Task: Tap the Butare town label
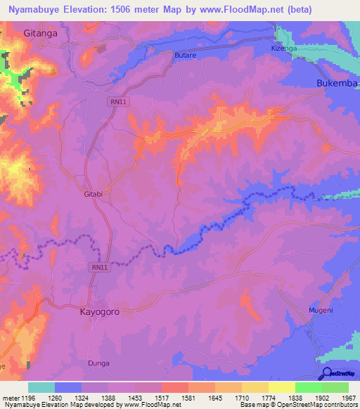point(184,53)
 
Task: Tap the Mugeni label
point(321,309)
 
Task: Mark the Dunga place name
point(99,363)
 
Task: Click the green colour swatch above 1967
point(335,387)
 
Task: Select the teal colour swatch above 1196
point(41,387)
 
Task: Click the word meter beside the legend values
point(10,398)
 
